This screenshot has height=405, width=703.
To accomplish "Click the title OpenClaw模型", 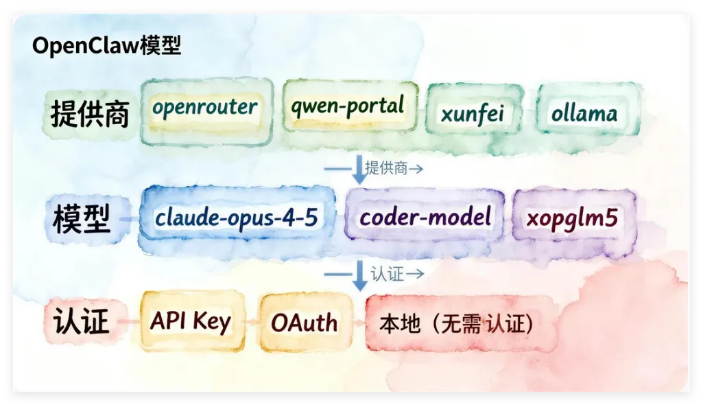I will click(106, 47).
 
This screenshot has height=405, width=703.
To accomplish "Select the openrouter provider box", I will click(205, 108).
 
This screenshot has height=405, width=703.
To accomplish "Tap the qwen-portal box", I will click(347, 106).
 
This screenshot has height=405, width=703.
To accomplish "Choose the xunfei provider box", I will click(473, 113).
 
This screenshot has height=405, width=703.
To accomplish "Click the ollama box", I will click(584, 113).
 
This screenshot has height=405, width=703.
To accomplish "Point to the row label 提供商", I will click(89, 114).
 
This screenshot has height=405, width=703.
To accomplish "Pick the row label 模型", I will click(81, 218).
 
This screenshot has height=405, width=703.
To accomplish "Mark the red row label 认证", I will click(81, 321).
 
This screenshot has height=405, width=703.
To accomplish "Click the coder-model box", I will click(426, 218).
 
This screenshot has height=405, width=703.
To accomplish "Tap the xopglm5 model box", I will click(572, 218).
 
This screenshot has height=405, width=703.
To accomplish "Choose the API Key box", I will click(191, 321).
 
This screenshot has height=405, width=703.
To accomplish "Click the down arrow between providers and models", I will click(359, 169).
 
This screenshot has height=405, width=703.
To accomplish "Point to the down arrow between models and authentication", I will click(359, 275).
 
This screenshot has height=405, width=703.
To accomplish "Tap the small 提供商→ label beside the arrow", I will click(394, 168).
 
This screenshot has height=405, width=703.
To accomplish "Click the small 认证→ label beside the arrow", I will click(397, 274).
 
